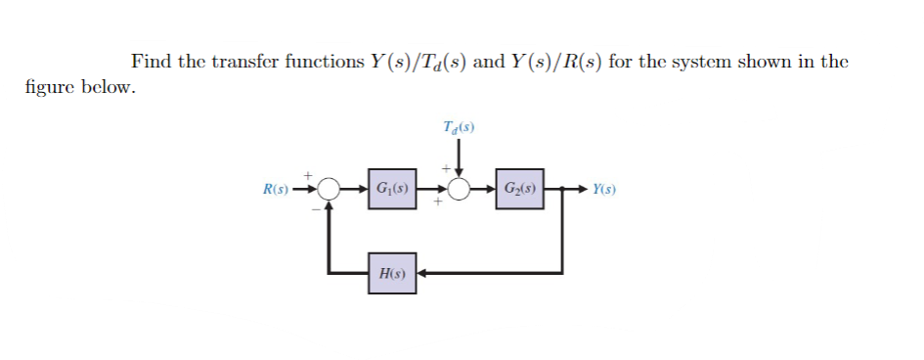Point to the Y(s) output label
tap(606, 188)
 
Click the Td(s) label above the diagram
tap(460, 127)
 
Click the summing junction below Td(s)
tap(459, 188)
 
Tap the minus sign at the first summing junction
tap(316, 206)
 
